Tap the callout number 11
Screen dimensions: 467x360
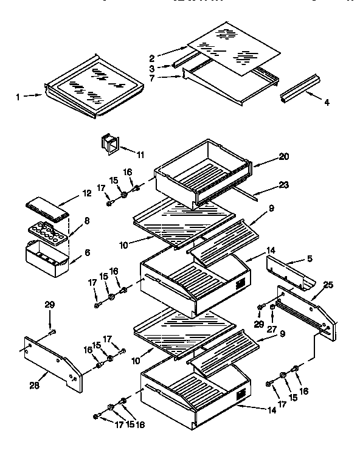(x=140, y=155)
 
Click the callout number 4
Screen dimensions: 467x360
(x=327, y=103)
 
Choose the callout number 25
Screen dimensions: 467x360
(x=328, y=284)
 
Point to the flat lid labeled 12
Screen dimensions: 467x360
(x=46, y=207)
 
